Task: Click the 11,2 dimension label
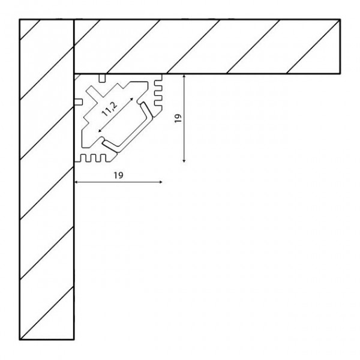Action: [110, 109]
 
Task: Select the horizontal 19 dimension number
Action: [118, 175]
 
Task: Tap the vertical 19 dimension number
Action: [178, 118]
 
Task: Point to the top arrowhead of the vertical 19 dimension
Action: [184, 76]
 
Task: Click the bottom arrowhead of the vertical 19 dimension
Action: [184, 161]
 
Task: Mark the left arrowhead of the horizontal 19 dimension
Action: [76, 182]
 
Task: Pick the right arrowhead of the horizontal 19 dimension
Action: [161, 182]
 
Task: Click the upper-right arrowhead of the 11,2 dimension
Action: [132, 99]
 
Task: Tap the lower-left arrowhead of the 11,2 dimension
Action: [100, 131]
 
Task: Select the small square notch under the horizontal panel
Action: [103, 78]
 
